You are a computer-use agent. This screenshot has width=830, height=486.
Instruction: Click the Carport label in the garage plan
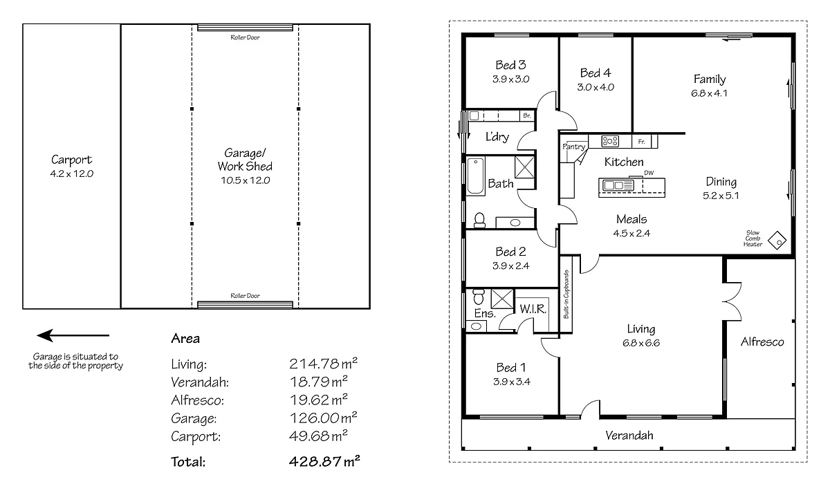click(71, 160)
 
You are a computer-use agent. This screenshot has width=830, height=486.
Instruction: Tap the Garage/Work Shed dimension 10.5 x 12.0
click(245, 180)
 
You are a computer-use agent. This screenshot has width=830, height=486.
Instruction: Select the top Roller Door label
click(245, 37)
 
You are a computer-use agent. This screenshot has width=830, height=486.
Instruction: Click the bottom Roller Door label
click(245, 295)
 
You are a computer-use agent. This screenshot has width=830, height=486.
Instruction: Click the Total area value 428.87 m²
click(324, 461)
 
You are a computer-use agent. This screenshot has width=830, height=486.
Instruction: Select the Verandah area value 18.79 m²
click(318, 381)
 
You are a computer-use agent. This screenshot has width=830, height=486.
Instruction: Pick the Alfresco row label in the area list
click(196, 400)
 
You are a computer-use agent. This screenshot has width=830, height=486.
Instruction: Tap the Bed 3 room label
click(510, 65)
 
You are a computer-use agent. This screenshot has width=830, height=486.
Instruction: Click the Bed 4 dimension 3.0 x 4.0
click(596, 87)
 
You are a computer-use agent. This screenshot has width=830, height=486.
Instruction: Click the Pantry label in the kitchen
click(573, 147)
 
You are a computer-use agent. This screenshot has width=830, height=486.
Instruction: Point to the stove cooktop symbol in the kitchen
click(610, 141)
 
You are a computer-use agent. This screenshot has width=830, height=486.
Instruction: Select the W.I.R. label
click(533, 309)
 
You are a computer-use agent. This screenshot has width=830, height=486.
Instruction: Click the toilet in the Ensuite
click(478, 298)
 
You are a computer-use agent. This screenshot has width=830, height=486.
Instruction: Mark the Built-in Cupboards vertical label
click(566, 294)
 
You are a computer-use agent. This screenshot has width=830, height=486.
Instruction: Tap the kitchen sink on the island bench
click(614, 185)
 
